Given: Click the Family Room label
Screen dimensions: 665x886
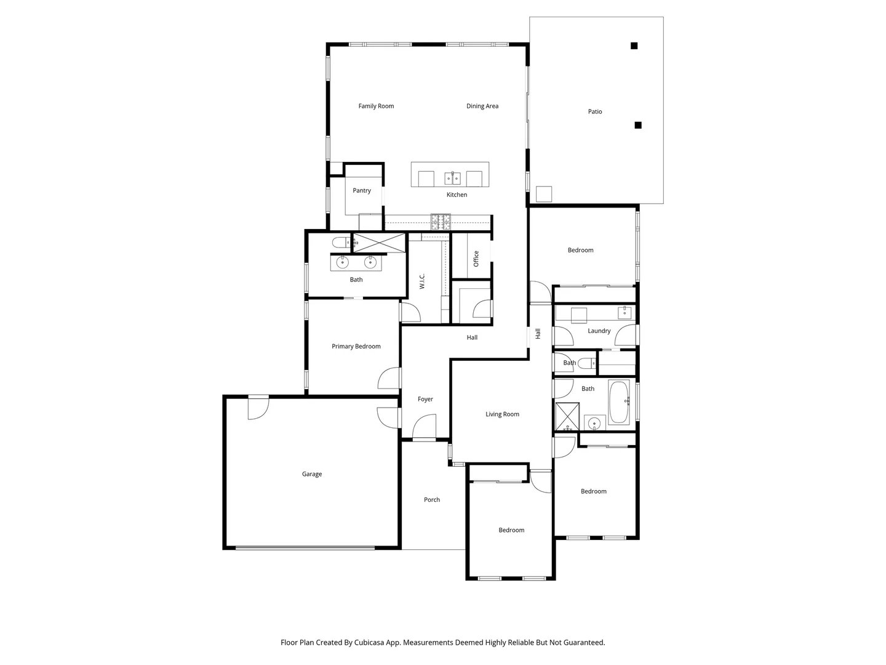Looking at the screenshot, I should (376, 106).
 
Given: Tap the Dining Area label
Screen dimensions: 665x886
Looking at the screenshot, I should (482, 106).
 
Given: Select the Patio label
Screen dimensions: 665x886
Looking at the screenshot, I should (594, 111).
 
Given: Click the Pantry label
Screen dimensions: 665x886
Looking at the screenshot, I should (362, 190).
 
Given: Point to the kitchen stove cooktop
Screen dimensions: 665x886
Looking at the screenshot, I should (441, 222).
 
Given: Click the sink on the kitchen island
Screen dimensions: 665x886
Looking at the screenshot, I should (453, 179).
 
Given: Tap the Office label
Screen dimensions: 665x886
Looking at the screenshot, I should (476, 258).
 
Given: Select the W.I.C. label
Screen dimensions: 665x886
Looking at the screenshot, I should (422, 281).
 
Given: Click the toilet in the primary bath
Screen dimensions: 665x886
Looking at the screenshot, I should (340, 242).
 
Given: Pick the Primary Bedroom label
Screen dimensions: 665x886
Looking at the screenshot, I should (356, 346).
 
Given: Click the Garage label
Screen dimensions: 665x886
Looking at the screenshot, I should (311, 474).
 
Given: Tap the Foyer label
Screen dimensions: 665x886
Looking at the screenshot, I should (425, 399).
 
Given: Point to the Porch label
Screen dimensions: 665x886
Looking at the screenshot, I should (431, 499).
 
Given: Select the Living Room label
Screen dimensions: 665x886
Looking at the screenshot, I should (502, 414).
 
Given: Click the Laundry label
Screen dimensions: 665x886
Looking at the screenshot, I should (599, 331).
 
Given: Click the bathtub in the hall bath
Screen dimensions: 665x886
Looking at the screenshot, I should (619, 402).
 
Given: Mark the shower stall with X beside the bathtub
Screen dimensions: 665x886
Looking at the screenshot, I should (567, 416).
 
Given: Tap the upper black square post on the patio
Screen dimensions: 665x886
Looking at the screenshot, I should (634, 46).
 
